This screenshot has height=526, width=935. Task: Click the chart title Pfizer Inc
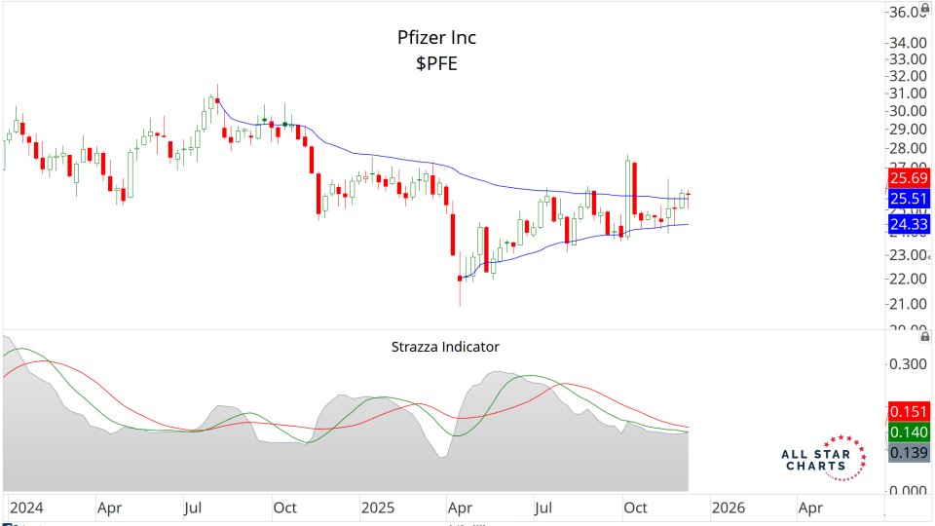[436, 38]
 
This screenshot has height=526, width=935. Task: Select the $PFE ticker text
[436, 64]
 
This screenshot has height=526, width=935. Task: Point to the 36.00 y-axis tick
[906, 12]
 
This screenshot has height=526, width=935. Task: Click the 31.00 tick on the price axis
[906, 93]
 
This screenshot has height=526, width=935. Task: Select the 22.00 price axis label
[906, 279]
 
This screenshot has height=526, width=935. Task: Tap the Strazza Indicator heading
[445, 346]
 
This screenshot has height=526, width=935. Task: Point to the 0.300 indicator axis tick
[906, 363]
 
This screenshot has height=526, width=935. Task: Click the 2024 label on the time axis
[25, 507]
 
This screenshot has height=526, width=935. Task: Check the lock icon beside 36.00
[924, 8]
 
